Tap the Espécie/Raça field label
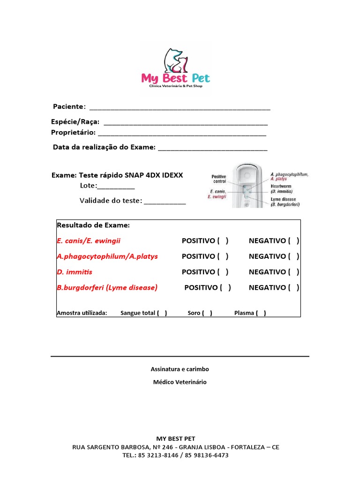75,122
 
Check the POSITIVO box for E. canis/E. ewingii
223,241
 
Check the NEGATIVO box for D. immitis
294,272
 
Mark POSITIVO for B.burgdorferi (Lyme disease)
225,287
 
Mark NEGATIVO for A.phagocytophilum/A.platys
294,256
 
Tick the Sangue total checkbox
162,313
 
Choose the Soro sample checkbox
207,313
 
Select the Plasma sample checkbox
261,313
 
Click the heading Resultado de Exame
93,225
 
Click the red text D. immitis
75,272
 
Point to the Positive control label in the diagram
219,179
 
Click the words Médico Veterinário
180,382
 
